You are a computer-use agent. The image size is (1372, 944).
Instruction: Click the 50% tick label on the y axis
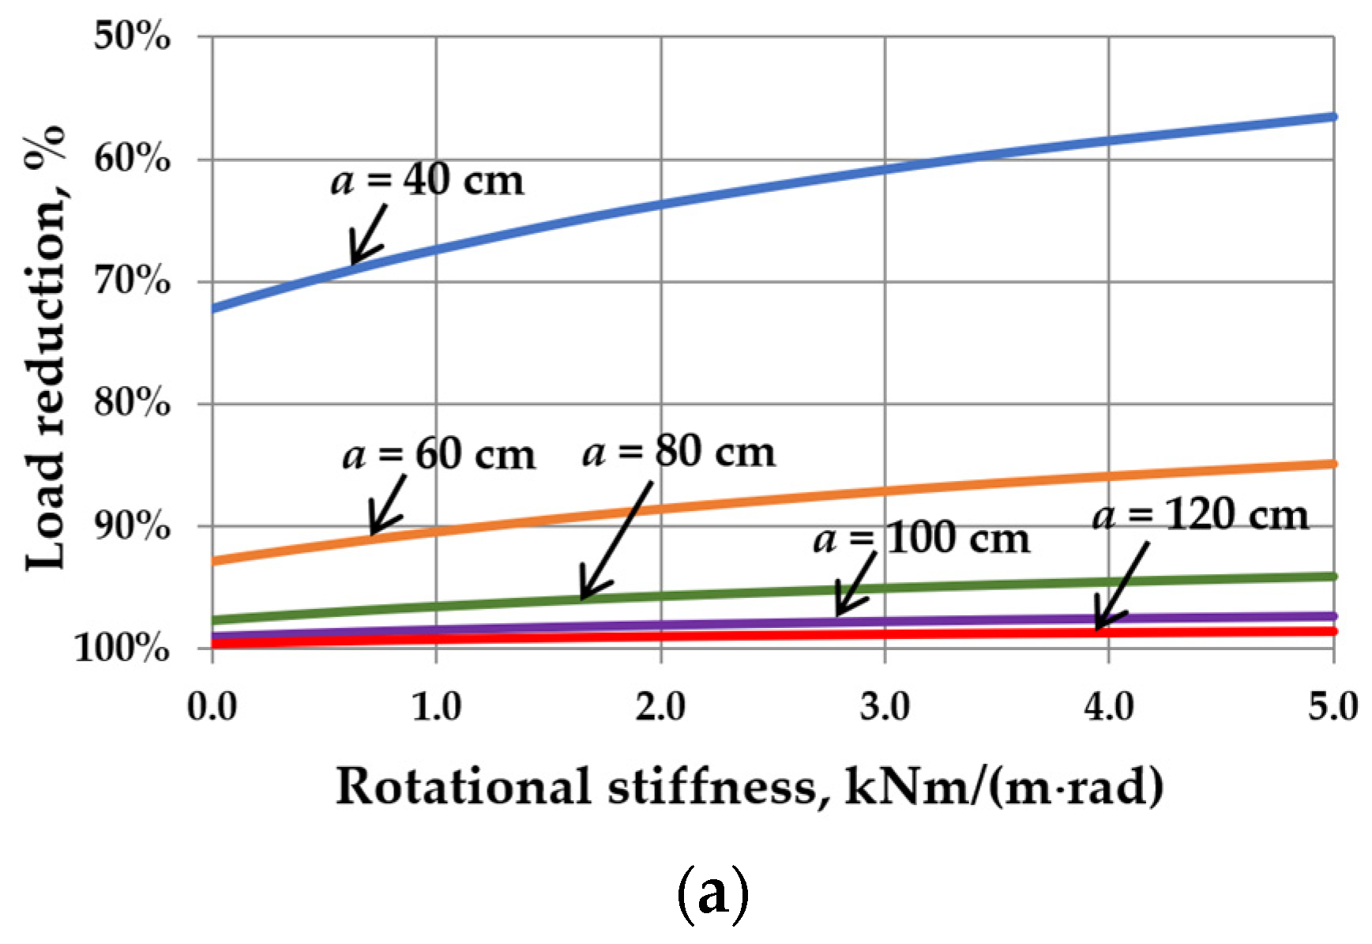pos(131,37)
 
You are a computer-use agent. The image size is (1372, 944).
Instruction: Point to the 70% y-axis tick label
pos(131,281)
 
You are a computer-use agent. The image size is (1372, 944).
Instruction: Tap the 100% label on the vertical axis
pos(122,649)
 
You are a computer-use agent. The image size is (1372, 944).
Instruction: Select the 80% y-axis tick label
pos(131,404)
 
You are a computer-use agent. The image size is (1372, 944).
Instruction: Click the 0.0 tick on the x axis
pos(212,706)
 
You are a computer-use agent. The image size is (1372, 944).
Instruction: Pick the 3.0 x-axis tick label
pos(885,706)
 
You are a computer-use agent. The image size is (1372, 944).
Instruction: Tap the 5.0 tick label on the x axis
pos(1332,706)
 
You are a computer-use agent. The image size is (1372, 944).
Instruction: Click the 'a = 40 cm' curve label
pos(427,181)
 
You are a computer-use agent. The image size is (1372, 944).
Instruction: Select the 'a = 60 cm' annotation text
pos(439,456)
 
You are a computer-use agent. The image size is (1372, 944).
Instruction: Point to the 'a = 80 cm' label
pos(679,453)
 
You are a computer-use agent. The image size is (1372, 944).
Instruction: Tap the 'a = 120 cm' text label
pos(1201,517)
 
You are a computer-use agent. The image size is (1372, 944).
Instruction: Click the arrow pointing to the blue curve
pos(368,235)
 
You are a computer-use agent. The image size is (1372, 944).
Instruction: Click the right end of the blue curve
pos(1333,117)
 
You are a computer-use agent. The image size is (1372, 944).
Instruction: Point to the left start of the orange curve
pos(215,561)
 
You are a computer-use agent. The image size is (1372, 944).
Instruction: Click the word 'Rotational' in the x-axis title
pos(463,788)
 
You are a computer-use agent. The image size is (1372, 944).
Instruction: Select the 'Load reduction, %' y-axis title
pos(45,348)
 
